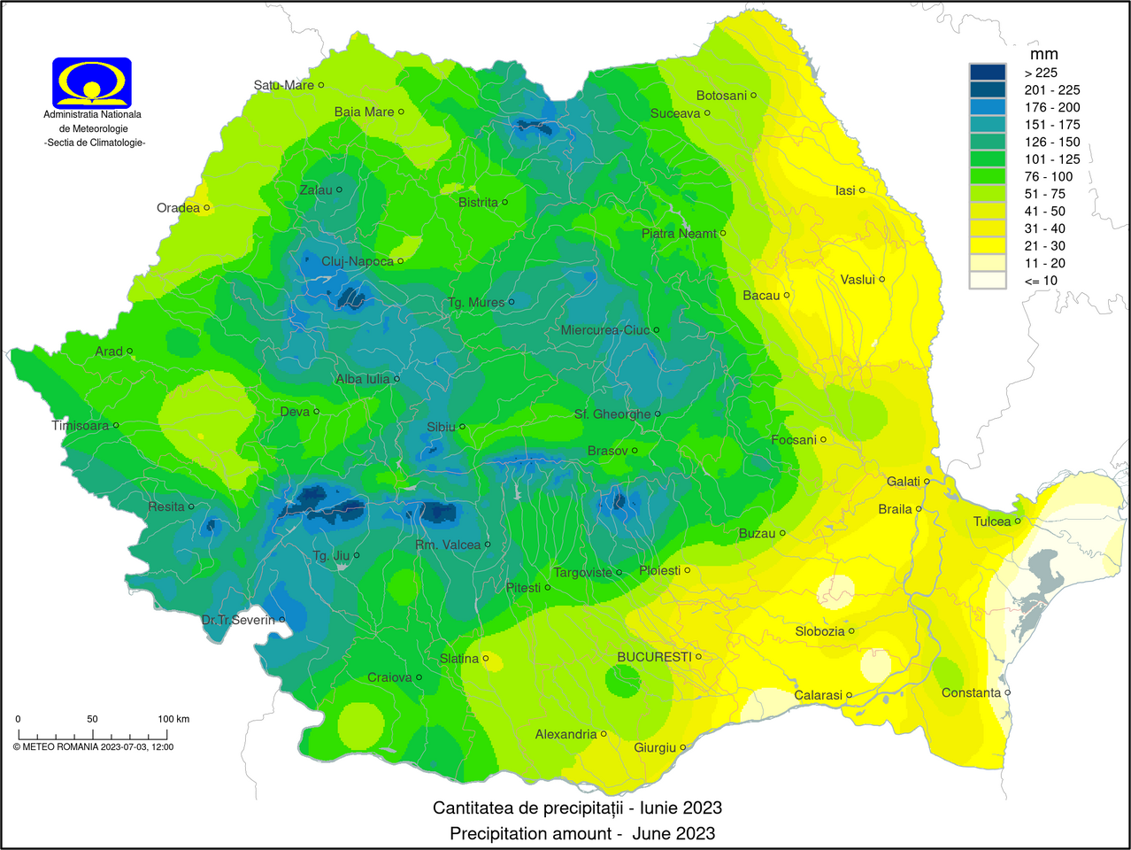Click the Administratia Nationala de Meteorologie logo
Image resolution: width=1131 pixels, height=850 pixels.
pyautogui.click(x=92, y=82)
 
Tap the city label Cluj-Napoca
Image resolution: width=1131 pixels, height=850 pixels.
pyautogui.click(x=358, y=261)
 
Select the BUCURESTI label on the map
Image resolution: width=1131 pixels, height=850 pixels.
pyautogui.click(x=654, y=657)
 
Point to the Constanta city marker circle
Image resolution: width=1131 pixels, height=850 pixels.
pyautogui.click(x=1008, y=692)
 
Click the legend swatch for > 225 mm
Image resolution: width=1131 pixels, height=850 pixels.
pyautogui.click(x=988, y=73)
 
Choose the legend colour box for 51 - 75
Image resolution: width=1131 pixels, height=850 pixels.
pyautogui.click(x=988, y=194)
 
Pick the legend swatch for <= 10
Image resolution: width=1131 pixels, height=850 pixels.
pyautogui.click(x=988, y=281)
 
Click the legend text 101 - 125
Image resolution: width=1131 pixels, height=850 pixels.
pyautogui.click(x=1052, y=159)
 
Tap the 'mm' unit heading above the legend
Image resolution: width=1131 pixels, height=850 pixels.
pyautogui.click(x=1044, y=54)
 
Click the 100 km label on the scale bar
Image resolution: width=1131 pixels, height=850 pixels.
pyautogui.click(x=173, y=719)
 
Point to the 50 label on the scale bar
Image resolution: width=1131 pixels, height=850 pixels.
pyautogui.click(x=92, y=719)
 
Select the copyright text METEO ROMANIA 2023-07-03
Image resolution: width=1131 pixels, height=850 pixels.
pyautogui.click(x=93, y=746)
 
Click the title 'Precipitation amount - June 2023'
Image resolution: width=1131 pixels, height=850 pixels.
pyautogui.click(x=582, y=833)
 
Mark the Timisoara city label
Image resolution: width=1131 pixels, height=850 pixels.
pyautogui.click(x=81, y=426)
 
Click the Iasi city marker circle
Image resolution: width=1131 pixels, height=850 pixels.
pyautogui.click(x=862, y=190)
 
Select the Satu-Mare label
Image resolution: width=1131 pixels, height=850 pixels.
pyautogui.click(x=283, y=85)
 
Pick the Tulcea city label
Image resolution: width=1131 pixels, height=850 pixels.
pyautogui.click(x=992, y=522)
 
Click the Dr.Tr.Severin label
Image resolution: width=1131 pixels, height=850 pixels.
pyautogui.click(x=238, y=620)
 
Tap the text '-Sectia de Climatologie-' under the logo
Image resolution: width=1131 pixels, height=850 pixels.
pyautogui.click(x=95, y=143)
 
